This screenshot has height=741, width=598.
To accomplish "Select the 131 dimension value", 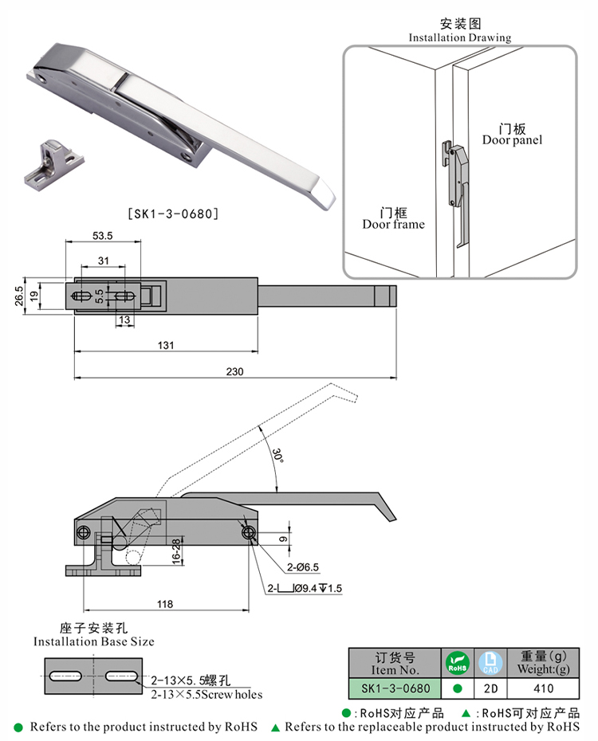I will click(x=166, y=345).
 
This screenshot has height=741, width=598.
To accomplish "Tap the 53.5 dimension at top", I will click(x=103, y=236).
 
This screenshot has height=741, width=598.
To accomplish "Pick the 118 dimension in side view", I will click(x=165, y=605).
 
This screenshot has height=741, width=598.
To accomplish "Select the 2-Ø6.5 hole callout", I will click(x=303, y=567).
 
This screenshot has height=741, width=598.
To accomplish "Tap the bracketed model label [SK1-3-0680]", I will click(x=173, y=214).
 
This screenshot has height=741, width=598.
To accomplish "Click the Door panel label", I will click(x=512, y=134).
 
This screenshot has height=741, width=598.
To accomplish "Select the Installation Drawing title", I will click(x=460, y=31).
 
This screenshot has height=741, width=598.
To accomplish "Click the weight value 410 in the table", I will click(x=543, y=687).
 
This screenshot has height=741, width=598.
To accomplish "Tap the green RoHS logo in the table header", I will click(x=458, y=661).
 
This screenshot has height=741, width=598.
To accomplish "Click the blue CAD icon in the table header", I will click(x=490, y=661).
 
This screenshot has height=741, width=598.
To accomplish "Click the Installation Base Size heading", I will click(x=94, y=634).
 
